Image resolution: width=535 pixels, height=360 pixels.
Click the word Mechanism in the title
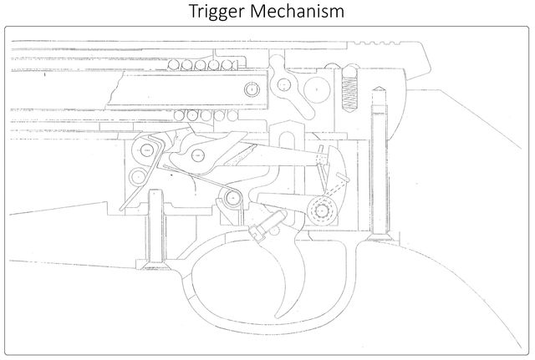[x=298, y=11]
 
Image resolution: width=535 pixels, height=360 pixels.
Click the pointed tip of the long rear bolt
[x=379, y=88]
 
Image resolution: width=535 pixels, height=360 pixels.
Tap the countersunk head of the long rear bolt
[x=379, y=236]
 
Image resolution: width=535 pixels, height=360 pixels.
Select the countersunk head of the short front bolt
[x=155, y=265]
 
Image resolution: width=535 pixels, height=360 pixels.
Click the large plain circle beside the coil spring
[x=317, y=89]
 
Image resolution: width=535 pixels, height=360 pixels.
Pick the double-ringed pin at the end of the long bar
[x=252, y=89]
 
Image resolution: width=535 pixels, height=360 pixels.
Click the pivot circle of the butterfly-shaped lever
[x=283, y=84]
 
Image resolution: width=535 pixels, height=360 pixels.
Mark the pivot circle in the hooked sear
[x=198, y=156]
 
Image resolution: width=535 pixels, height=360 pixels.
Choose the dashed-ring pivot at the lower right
[x=321, y=210]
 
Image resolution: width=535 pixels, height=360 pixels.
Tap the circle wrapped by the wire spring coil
[x=232, y=198]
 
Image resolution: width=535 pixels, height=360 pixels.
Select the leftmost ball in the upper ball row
[x=173, y=64]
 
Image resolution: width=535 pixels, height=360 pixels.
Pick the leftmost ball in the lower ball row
[x=179, y=115]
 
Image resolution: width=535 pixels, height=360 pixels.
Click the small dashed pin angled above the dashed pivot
[x=342, y=176]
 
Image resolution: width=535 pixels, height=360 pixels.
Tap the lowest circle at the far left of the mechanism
[x=138, y=176]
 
